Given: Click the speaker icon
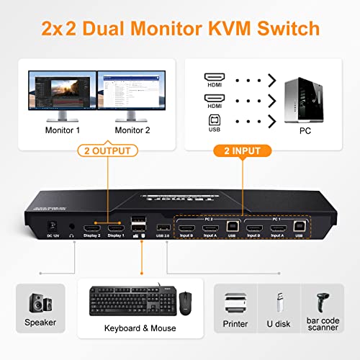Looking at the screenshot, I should click(x=40, y=302).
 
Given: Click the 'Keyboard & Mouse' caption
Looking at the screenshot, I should click(x=141, y=328).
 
